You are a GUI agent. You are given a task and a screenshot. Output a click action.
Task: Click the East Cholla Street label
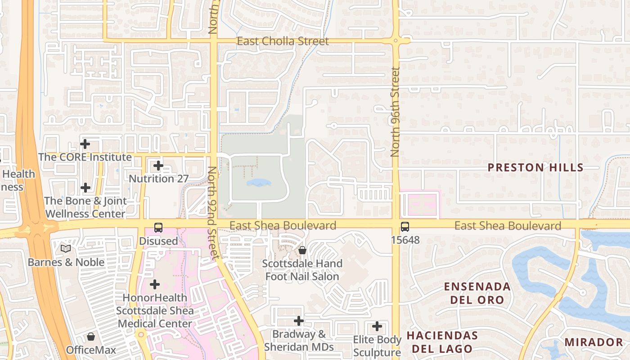283,41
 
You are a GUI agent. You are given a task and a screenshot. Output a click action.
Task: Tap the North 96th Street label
396,112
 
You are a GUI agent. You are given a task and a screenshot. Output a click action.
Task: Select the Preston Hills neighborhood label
535,168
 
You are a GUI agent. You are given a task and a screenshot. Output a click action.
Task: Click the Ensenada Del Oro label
477,293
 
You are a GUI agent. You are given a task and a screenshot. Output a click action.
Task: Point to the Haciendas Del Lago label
442,342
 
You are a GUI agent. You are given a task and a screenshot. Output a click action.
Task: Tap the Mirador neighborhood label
593,342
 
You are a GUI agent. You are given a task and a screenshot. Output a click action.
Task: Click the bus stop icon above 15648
405,227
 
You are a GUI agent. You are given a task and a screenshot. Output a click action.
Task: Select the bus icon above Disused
158,228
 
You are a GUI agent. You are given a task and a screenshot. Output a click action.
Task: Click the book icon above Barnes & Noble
66,248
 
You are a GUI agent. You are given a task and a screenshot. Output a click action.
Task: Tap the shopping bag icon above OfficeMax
91,337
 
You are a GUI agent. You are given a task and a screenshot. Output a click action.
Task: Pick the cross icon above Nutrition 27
158,166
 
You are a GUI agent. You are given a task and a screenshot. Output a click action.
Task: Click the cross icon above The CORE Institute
85,144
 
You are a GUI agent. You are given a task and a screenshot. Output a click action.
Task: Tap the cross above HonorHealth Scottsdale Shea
155,284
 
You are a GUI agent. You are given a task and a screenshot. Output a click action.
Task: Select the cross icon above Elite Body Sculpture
377,326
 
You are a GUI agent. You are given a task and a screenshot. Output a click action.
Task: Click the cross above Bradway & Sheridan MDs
298,321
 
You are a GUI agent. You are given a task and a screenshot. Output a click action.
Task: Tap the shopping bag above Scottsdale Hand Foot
302,250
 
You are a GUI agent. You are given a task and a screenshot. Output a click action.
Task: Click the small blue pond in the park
259,183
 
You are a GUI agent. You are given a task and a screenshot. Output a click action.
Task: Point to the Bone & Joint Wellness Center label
85,207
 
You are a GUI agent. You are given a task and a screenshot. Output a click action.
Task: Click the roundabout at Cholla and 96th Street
396,41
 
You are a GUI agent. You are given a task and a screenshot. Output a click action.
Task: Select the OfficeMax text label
91,350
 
